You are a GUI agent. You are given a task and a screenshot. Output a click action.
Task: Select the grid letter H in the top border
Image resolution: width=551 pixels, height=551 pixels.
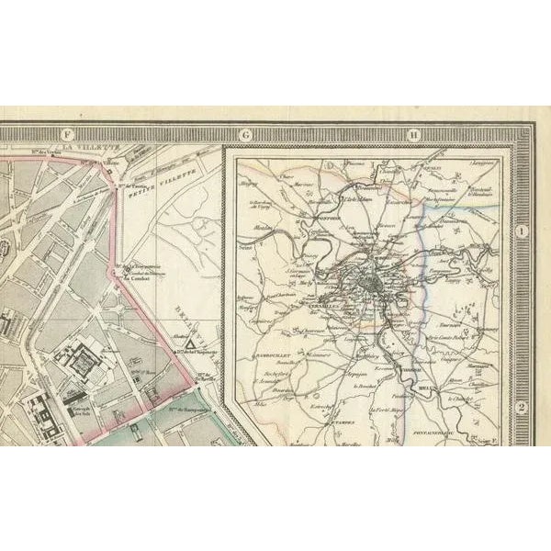(x=415, y=134)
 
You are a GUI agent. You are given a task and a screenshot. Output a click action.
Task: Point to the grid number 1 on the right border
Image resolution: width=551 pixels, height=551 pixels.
(x=521, y=233)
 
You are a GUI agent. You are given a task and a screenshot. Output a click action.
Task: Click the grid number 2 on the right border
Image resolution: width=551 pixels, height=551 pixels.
(x=521, y=410)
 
